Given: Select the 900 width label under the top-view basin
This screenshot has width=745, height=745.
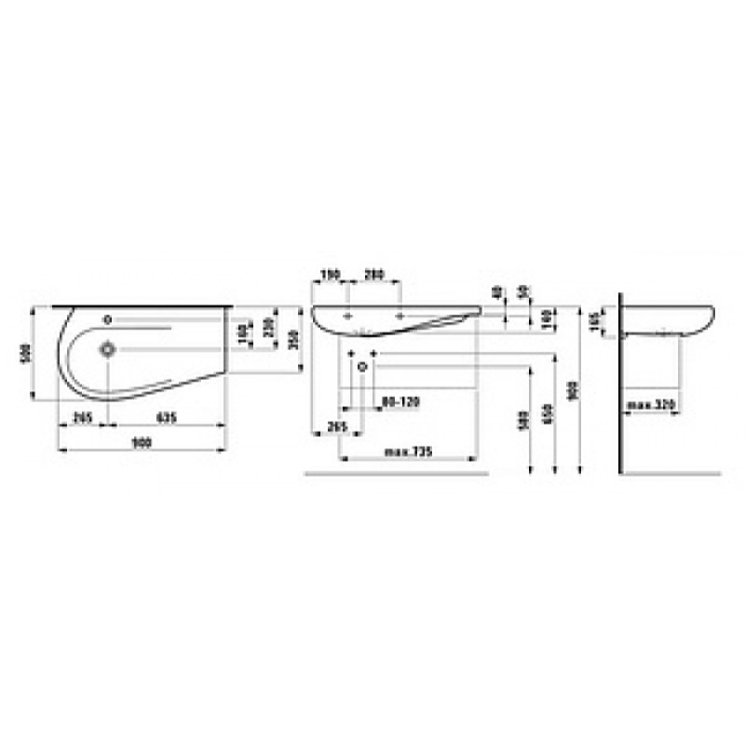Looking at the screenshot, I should [142, 443].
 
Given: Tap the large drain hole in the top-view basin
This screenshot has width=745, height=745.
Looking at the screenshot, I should [109, 350].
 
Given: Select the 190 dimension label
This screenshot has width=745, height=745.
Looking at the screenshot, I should [329, 276].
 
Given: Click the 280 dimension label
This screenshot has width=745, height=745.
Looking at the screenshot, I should [372, 276].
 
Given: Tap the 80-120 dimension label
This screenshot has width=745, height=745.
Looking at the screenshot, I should [400, 401].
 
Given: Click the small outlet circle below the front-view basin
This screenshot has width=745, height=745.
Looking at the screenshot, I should [361, 366].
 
